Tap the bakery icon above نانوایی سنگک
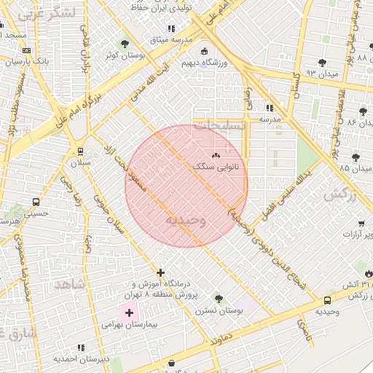coord(215,155)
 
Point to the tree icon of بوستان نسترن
coord(219,298)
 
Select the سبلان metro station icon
coord(79,152)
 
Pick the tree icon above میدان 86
coord(363,111)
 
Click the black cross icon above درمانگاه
coord(161,272)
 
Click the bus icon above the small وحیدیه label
coord(327,299)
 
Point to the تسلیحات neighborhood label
coord(219,125)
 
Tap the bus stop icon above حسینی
coord(36,202)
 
